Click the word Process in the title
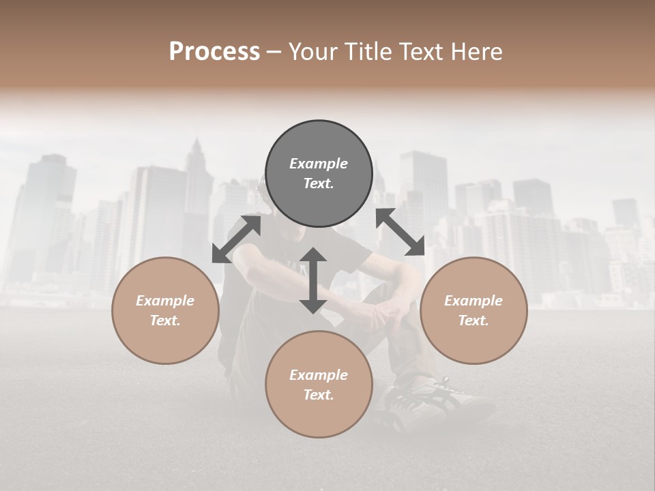[214, 51]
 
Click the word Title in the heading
[368, 51]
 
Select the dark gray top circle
[319, 174]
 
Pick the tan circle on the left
[165, 310]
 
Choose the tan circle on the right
[474, 310]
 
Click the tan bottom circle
[319, 384]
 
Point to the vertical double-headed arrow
[313, 281]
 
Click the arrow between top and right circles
[400, 233]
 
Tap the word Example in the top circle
[319, 164]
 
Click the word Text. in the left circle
[165, 321]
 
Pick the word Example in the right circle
[474, 301]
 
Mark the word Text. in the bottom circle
[319, 395]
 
